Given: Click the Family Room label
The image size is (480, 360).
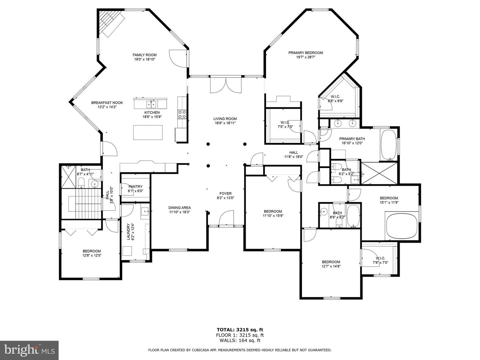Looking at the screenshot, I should click(144, 55).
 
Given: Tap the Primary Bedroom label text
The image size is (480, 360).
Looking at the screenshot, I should click(305, 53).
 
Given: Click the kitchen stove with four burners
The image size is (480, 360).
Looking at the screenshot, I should click(182, 114).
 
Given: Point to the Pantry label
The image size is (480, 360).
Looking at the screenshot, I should click(135, 187).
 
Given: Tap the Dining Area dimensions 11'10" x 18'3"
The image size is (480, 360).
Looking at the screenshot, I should click(179, 212).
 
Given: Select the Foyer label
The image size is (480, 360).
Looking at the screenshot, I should click(225, 193).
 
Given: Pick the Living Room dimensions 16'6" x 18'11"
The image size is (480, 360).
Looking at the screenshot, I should click(225, 123).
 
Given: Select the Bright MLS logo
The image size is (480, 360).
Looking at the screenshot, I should click(29, 350).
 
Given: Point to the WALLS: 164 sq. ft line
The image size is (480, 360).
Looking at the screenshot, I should click(240, 340).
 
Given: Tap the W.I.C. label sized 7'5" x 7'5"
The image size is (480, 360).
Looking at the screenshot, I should click(285, 125).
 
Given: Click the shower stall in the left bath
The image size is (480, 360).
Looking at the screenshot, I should click(69, 176).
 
